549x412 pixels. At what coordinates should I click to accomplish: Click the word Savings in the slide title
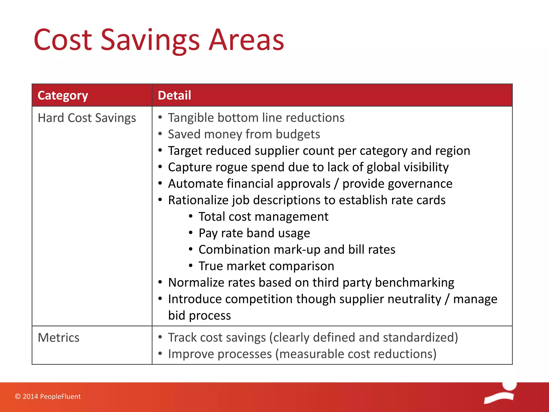pyautogui.click(x=150, y=40)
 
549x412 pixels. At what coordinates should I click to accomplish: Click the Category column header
pyautogui.click(x=63, y=95)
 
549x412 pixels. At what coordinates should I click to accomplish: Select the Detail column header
pyautogui.click(x=174, y=95)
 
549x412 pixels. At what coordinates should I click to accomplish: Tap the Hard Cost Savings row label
pyautogui.click(x=87, y=118)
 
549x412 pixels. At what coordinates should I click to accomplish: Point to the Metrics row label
pyautogui.click(x=58, y=338)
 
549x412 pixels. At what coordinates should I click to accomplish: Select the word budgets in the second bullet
pyautogui.click(x=298, y=134)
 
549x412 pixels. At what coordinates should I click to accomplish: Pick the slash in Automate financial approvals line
pyautogui.click(x=336, y=184)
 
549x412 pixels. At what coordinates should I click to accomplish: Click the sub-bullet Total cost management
pyautogui.click(x=263, y=217)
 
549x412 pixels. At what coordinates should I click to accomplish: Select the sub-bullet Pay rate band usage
pyautogui.click(x=254, y=233)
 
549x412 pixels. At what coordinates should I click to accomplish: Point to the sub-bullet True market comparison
pyautogui.click(x=266, y=266)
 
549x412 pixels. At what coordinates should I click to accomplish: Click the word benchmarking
pyautogui.click(x=414, y=282)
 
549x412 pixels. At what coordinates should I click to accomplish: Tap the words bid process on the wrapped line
pyautogui.click(x=199, y=315)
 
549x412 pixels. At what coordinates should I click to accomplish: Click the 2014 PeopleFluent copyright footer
pyautogui.click(x=48, y=396)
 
